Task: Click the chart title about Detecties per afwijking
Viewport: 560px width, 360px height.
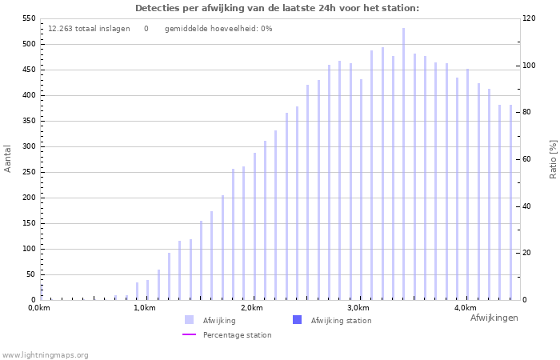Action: coord(277,8)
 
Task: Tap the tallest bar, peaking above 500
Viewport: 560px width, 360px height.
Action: coord(403,164)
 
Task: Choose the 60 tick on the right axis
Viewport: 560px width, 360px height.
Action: coord(528,159)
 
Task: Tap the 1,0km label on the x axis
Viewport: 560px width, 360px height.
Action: coord(144,308)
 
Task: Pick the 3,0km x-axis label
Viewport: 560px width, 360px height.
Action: coord(358,308)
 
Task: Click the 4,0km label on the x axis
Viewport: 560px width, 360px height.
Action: coord(465,308)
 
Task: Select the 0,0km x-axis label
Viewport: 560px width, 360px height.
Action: coord(39,308)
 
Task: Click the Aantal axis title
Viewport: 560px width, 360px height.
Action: coord(8,158)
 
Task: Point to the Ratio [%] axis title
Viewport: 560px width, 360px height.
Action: coord(553,158)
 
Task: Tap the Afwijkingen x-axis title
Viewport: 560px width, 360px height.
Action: coord(494,318)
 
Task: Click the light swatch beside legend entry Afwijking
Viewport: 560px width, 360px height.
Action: coord(189,320)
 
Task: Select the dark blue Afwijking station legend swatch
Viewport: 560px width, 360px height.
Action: coord(297,320)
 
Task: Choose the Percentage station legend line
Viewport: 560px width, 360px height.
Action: coord(189,334)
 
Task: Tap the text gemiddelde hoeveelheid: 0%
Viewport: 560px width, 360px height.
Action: coord(218,29)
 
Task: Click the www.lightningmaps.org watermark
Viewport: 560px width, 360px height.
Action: coord(45,355)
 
